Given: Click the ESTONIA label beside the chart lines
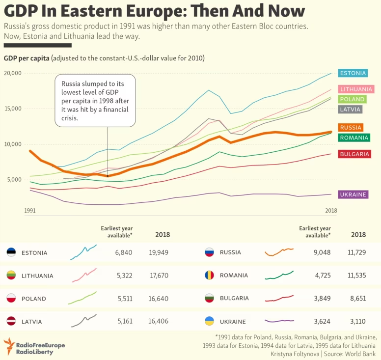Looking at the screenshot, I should (x=353, y=73).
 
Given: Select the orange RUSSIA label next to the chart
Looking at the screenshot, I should (x=351, y=127).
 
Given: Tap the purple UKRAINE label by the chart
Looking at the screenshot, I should (x=353, y=194).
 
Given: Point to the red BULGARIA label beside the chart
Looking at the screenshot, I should (x=354, y=154).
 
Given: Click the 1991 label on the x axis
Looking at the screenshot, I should (x=30, y=210).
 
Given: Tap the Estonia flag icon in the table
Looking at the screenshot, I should (x=11, y=252).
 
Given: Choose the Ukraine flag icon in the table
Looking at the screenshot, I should (x=209, y=322).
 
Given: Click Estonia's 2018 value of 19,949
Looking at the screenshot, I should (x=159, y=252).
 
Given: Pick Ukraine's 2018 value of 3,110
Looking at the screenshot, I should (x=356, y=322).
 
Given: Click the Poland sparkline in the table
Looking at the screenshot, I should (x=82, y=298).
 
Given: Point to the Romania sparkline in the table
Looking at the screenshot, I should (x=279, y=276).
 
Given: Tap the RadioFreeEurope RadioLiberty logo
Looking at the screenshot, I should (x=34, y=345).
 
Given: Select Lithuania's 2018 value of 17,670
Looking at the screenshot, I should (x=159, y=276).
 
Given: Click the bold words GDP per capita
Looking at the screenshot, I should (x=26, y=58).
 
